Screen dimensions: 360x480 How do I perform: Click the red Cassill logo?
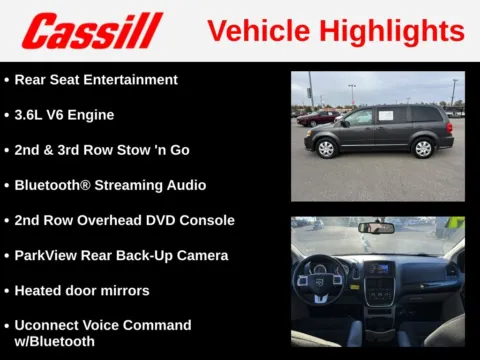[x=92, y=31]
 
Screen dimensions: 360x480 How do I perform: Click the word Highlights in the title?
[x=393, y=31]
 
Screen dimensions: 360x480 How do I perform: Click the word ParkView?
[x=50, y=255]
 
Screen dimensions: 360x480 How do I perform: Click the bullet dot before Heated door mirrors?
[x=7, y=290]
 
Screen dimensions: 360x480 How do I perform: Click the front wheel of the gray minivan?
[x=325, y=148]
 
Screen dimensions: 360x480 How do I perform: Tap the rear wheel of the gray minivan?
[x=423, y=147]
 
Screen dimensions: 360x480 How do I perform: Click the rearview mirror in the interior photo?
[x=376, y=227]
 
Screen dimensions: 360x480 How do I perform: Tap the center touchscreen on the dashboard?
[x=378, y=269]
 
